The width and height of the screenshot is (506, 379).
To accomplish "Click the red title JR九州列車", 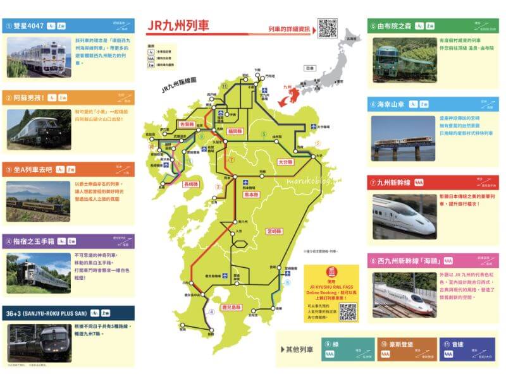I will coord(178,27).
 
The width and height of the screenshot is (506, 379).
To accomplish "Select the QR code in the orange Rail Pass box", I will coord(348,311).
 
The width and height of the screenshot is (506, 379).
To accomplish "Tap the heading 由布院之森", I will coord(396,26).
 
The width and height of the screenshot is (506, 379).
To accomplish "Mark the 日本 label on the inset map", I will coord(309,68).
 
